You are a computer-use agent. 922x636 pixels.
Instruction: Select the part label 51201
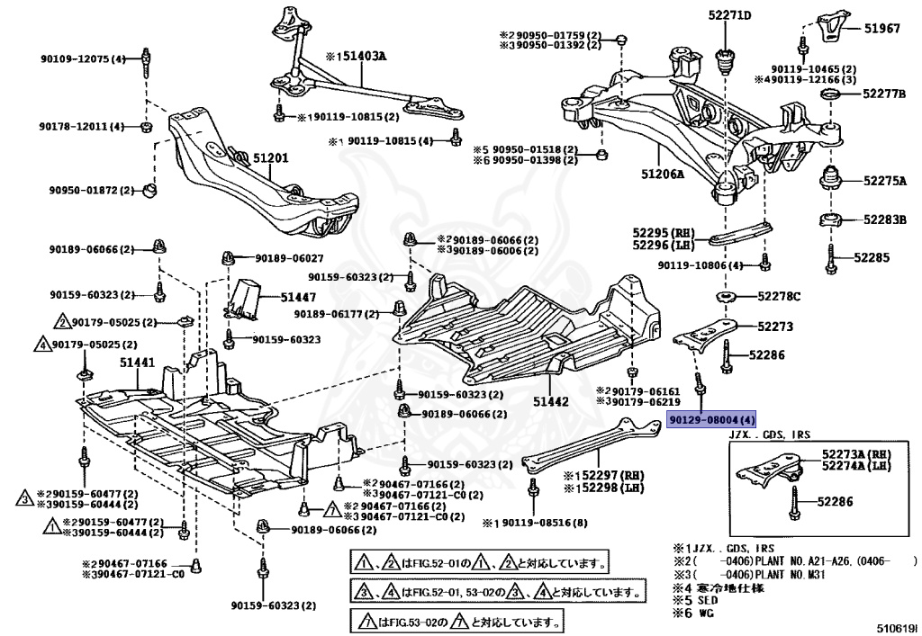(270, 159)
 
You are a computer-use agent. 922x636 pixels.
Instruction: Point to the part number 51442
(550, 402)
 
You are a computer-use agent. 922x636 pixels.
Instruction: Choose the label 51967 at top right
(882, 29)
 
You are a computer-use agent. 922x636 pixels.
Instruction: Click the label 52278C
(779, 296)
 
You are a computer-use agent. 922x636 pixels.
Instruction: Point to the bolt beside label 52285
(829, 259)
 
